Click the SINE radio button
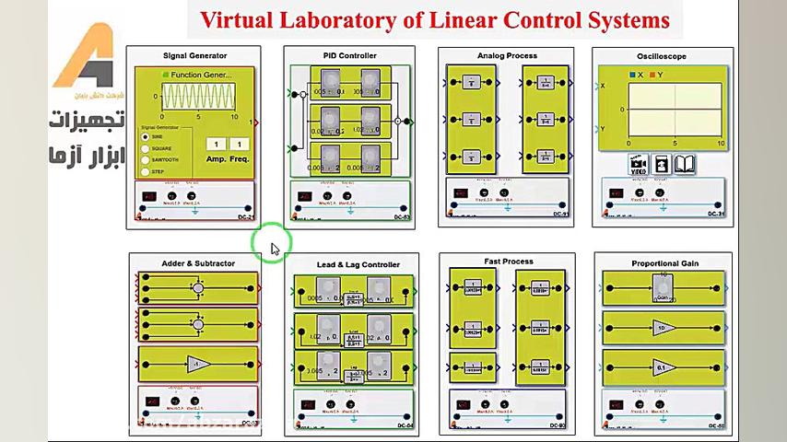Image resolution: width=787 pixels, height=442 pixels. click(146, 137)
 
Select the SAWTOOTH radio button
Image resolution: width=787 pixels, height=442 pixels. click(146, 160)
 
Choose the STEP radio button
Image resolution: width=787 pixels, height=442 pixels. click(146, 171)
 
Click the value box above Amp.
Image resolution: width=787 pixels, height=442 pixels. click(215, 145)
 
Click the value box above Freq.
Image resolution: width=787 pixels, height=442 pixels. click(240, 145)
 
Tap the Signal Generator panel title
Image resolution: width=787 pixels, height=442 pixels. click(194, 56)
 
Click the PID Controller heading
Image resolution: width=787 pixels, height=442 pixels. click(349, 56)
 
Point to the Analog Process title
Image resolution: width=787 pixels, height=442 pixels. click(507, 56)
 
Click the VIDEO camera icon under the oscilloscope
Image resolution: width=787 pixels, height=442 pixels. click(638, 165)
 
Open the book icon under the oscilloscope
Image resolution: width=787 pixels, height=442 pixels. click(685, 165)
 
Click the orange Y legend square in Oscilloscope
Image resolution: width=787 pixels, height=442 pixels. click(652, 75)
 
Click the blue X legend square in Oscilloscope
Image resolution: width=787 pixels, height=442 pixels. click(632, 75)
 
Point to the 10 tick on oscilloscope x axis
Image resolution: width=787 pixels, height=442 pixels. click(721, 144)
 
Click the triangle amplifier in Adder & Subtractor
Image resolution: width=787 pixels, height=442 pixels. click(196, 365)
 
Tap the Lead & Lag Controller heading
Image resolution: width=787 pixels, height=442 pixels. click(358, 265)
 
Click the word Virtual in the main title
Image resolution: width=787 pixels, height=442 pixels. click(233, 19)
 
